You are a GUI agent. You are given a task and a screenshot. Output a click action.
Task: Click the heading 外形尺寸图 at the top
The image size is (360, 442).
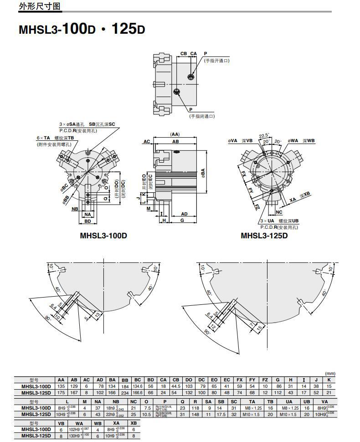click(40, 6)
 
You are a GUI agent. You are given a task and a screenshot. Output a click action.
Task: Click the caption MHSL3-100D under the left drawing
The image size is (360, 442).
click(103, 236)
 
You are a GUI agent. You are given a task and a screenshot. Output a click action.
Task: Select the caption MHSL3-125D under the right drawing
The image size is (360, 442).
click(264, 236)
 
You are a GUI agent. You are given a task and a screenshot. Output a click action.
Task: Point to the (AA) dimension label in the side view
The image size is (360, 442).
click(175, 134)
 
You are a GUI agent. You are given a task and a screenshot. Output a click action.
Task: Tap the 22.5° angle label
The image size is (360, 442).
click(263, 135)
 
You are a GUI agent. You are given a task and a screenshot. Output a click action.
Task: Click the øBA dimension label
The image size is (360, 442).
click(203, 173)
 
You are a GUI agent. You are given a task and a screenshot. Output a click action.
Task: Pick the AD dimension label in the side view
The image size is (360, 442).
click(185, 214)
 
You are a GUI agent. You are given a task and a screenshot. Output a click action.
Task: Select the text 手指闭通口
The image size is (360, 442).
click(202, 116)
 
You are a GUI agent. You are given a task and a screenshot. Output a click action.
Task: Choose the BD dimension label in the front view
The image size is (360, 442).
click(88, 221)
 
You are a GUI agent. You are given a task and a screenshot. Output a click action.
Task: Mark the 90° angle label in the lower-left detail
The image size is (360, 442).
click(48, 319)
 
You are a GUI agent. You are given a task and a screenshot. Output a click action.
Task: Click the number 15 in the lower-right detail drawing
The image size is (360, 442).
click(260, 328)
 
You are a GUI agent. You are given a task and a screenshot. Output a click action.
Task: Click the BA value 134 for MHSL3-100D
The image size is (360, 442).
click(112, 386)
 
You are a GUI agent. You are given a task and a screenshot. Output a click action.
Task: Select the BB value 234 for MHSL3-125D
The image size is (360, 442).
click(124, 392)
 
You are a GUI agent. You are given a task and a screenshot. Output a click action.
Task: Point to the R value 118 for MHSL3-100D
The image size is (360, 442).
click(195, 408)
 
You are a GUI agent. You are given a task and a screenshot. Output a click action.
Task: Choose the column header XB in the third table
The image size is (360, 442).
click(134, 423)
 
